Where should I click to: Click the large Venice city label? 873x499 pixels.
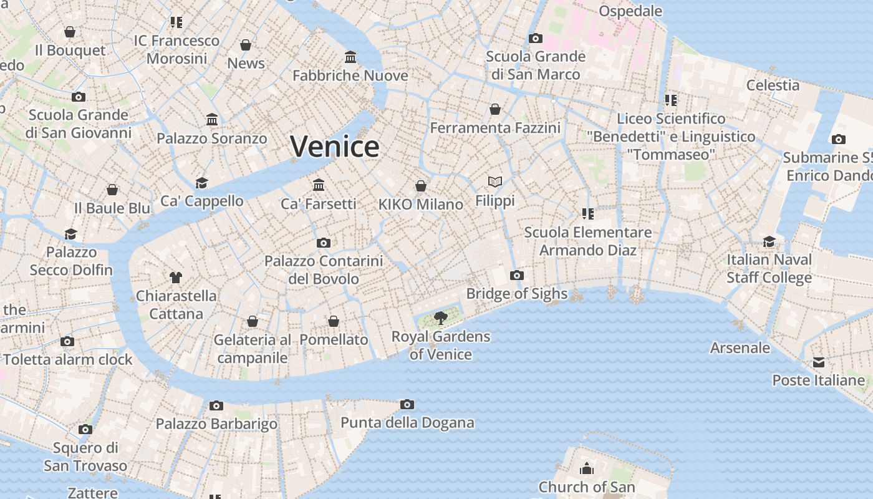click(x=335, y=147)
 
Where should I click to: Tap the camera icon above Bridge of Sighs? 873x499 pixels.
click(x=516, y=275)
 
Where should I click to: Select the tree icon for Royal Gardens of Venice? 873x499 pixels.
click(x=441, y=318)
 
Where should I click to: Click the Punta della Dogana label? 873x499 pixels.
click(x=407, y=422)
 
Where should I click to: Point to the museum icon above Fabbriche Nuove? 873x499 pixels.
click(x=350, y=57)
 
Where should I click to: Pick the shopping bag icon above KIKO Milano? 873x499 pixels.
click(x=421, y=186)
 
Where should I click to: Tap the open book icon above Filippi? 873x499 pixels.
click(x=495, y=182)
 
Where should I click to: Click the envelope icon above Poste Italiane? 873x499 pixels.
click(x=819, y=362)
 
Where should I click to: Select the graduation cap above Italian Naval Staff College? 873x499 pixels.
click(x=769, y=241)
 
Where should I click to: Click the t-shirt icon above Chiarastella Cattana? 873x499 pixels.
click(x=176, y=278)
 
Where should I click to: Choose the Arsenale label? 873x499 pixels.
click(x=740, y=347)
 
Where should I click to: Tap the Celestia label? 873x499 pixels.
click(x=773, y=85)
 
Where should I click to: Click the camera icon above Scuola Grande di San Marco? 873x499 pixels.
click(x=535, y=39)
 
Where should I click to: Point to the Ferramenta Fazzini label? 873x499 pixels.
click(x=495, y=127)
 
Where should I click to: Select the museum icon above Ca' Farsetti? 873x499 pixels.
click(x=319, y=185)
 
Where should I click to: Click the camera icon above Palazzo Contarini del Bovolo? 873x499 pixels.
click(x=323, y=243)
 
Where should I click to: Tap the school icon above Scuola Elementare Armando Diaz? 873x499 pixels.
click(x=587, y=214)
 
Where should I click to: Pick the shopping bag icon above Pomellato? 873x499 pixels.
click(x=334, y=321)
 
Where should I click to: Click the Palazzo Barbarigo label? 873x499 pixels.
click(x=216, y=424)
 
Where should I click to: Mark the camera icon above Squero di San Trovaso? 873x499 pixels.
click(x=85, y=429)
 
